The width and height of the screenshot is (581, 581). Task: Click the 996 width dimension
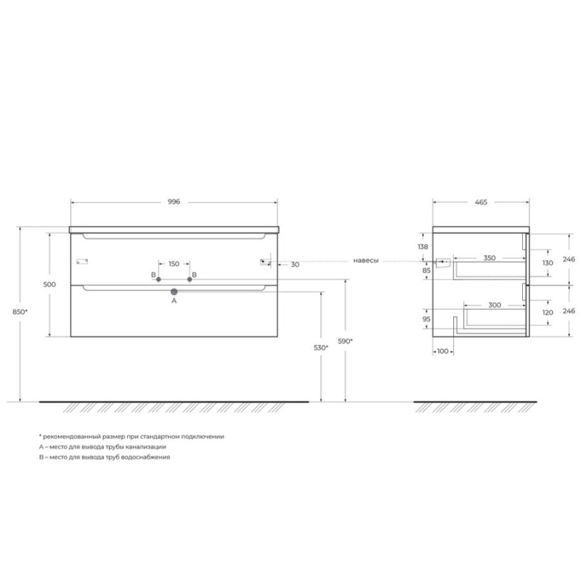click(174, 202)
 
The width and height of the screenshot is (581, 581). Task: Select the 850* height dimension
click(20, 312)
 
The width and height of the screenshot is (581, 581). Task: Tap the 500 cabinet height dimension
click(49, 285)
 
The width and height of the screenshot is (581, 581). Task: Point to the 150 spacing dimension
click(174, 264)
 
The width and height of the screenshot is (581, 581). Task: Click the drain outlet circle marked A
click(174, 292)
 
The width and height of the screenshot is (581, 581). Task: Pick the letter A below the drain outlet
click(174, 301)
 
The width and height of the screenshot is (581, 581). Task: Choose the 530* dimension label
click(321, 347)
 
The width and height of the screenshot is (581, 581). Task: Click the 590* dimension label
click(345, 341)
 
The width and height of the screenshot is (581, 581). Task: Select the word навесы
click(366, 261)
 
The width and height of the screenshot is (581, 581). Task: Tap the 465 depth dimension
click(481, 202)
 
